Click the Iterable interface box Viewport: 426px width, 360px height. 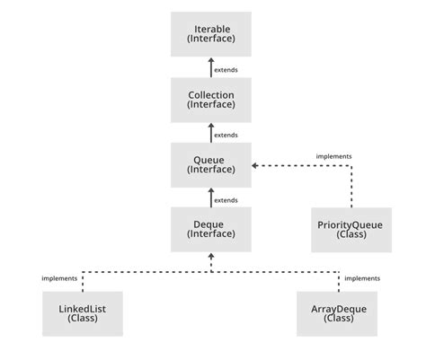tap(210, 34)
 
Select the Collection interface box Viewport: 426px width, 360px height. tap(210, 99)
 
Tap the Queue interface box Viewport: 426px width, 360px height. tap(210, 164)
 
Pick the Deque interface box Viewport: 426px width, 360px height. tap(210, 229)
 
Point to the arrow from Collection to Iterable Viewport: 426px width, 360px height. tap(210, 67)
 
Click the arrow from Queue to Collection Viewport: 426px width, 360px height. tap(210, 133)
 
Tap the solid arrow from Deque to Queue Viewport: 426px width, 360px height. tap(210, 198)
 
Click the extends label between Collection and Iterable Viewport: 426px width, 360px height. tap(226, 69)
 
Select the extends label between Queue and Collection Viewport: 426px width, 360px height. tap(226, 135)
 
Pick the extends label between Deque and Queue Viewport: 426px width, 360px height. tap(226, 199)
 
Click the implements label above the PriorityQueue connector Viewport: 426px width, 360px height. tap(333, 155)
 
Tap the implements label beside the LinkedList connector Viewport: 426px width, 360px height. tap(59, 278)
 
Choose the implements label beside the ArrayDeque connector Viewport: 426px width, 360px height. tap(362, 278)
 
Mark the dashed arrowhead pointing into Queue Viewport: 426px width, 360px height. tap(255, 165)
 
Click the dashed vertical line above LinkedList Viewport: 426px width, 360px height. tap(83, 280)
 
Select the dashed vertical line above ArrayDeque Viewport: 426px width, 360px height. tap(339, 280)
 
